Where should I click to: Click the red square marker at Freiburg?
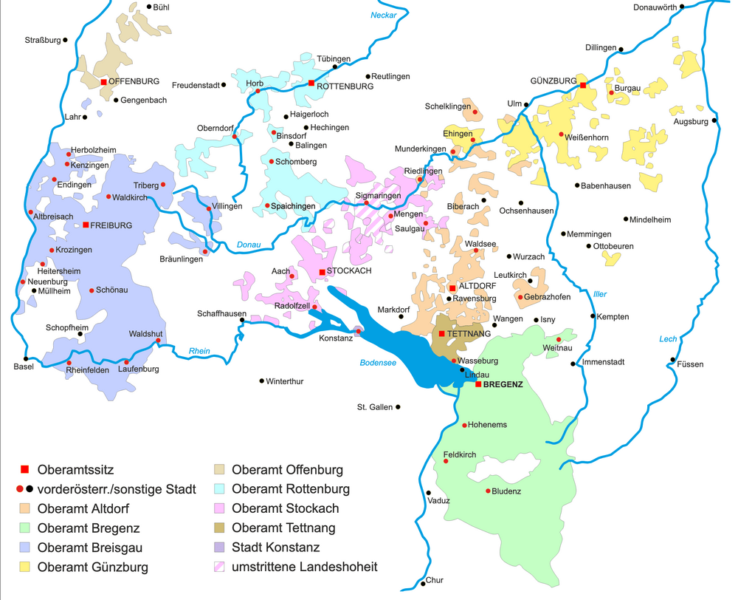[x=86, y=225]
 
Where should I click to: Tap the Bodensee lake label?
[x=378, y=363]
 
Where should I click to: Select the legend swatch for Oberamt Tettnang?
[x=220, y=528]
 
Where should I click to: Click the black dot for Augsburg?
[x=714, y=120]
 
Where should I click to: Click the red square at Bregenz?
[x=478, y=384]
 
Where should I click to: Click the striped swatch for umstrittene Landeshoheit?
[x=220, y=567]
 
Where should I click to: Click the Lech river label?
[x=668, y=339]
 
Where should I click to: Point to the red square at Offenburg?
[x=104, y=82]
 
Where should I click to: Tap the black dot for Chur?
[x=424, y=583]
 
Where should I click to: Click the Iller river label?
[x=600, y=294]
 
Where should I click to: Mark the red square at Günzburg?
[x=582, y=85]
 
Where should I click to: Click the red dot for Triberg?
[x=163, y=185]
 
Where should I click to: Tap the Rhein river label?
[x=199, y=351]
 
